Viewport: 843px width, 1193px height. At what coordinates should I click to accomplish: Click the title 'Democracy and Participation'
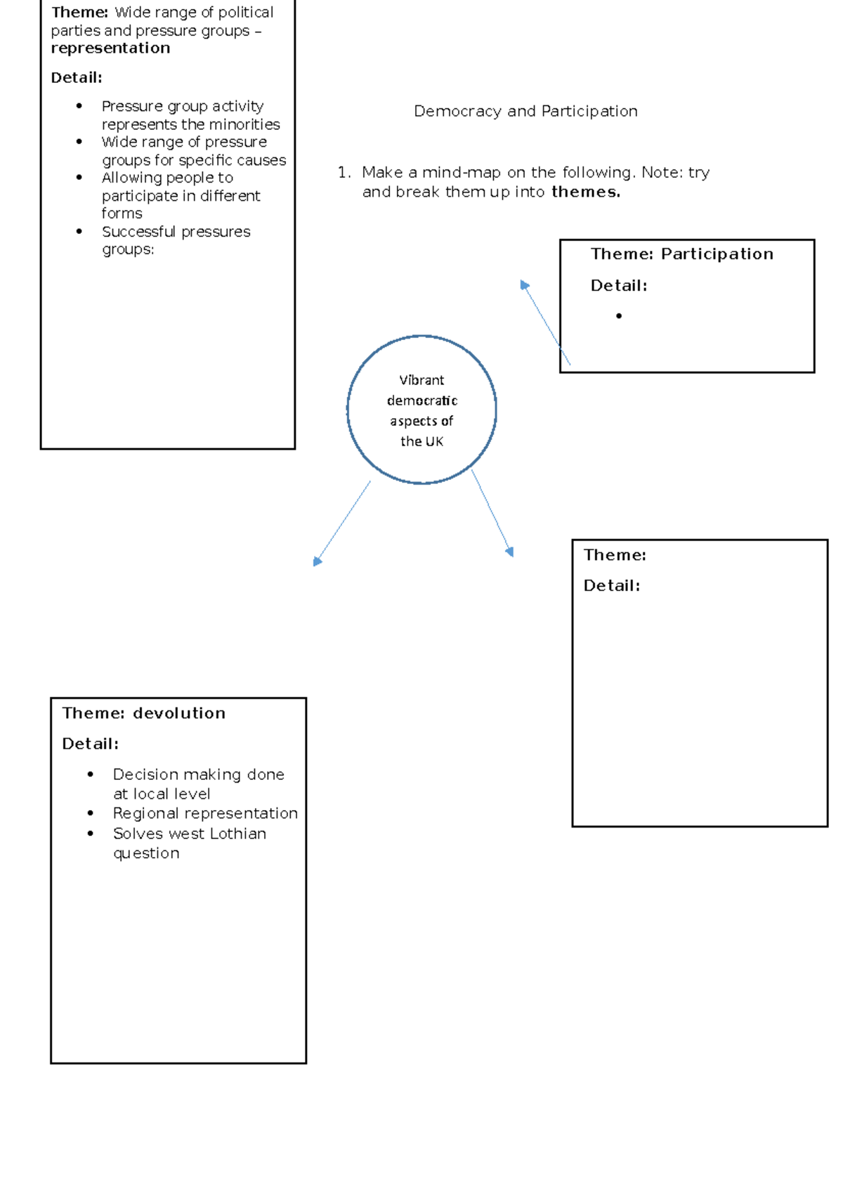click(x=525, y=111)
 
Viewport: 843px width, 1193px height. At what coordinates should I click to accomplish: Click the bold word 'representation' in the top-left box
click(x=110, y=48)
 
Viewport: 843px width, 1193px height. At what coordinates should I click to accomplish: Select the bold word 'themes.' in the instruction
click(x=586, y=192)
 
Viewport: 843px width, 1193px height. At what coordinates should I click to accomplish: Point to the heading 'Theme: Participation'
click(x=681, y=254)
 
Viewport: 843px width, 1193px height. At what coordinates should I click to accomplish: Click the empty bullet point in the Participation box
click(x=619, y=316)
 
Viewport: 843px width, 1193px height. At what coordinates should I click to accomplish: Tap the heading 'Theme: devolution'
click(x=144, y=713)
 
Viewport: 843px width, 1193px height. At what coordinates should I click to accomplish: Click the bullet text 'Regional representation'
click(x=205, y=814)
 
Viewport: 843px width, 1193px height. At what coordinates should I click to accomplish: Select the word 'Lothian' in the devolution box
click(x=238, y=833)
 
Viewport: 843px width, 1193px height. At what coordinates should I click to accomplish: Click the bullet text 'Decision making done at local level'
click(x=198, y=784)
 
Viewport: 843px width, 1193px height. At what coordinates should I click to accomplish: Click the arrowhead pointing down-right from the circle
click(x=509, y=552)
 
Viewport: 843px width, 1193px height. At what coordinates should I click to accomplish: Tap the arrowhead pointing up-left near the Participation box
click(x=524, y=285)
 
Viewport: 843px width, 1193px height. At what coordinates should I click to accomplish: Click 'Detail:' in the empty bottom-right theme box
click(x=612, y=586)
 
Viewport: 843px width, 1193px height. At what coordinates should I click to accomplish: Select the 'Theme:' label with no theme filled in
click(x=615, y=555)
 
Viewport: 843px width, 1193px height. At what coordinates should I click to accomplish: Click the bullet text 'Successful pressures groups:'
click(x=176, y=241)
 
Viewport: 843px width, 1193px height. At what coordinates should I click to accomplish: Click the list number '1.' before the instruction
click(x=344, y=173)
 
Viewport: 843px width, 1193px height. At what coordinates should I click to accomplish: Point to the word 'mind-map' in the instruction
click(x=461, y=173)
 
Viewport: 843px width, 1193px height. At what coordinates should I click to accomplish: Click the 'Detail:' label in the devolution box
click(x=91, y=744)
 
